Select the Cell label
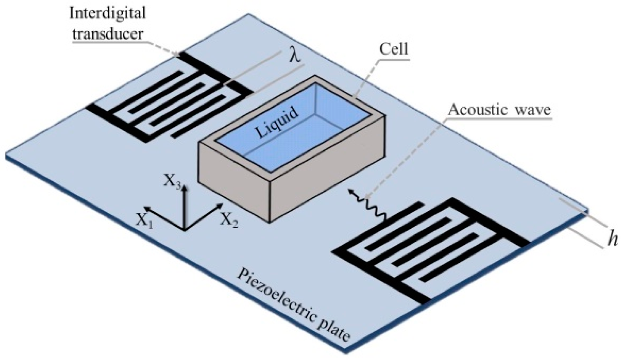(x=394, y=50)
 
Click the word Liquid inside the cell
(x=278, y=121)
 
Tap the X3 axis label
(x=172, y=181)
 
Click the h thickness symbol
(x=613, y=240)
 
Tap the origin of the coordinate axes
(x=185, y=230)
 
